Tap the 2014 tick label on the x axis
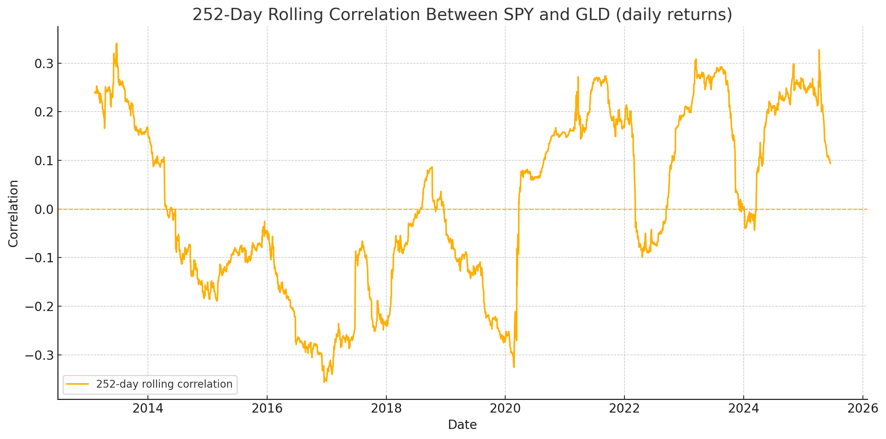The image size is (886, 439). pos(148,408)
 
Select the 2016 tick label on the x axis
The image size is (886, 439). pos(267,408)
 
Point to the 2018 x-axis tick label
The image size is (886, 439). pos(386,408)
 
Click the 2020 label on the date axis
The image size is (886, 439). pos(505,408)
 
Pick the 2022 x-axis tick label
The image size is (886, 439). pos(624,408)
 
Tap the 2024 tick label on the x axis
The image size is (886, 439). pos(744,408)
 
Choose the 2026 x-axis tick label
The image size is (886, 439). pos(863,408)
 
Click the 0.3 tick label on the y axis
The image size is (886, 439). pos(44,64)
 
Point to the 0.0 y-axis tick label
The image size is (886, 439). pos(44,210)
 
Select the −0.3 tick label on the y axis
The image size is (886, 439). pos(39,356)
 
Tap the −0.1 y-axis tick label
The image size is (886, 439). pos(39,258)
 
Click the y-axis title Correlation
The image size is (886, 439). pos(13,213)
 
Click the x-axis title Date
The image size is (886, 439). pos(462,425)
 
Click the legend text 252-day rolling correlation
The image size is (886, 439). pos(164,384)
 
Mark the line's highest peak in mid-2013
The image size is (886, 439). pos(117,44)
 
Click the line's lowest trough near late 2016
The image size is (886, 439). pos(324,382)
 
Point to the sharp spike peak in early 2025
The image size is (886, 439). pos(819,50)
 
